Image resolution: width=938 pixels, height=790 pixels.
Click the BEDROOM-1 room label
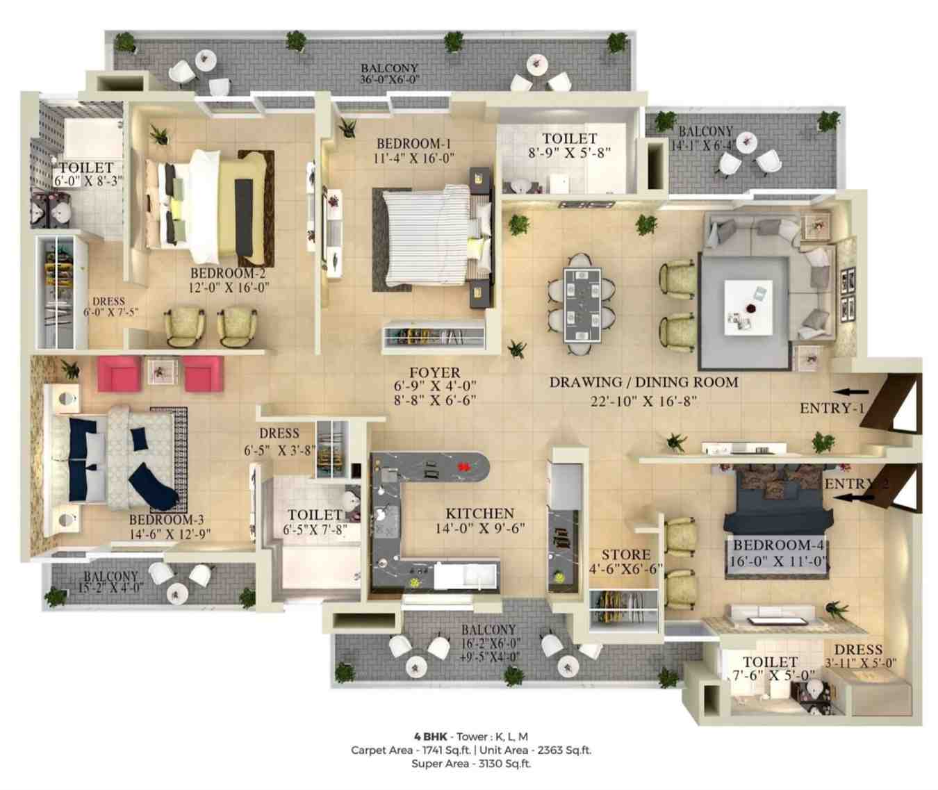coord(413,144)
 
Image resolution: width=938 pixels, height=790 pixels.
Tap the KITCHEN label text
coord(480,513)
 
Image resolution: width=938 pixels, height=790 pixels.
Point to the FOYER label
coord(435,372)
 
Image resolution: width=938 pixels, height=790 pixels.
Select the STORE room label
coord(626,554)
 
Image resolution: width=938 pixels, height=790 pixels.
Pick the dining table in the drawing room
coord(582,306)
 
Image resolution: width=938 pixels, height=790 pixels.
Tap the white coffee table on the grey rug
coord(748,307)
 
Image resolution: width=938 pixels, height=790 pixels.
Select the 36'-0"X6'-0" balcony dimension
coord(390,80)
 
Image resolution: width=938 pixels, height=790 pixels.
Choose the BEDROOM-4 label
coord(778,545)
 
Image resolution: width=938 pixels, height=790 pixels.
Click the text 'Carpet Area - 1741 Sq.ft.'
coord(411,750)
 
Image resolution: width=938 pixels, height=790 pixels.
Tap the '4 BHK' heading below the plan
coord(430,736)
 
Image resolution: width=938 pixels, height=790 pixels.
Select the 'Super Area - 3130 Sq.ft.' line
coord(471,764)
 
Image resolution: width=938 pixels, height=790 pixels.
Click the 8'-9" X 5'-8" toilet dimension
coord(569,154)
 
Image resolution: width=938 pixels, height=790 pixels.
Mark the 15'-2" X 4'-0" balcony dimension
coord(108,587)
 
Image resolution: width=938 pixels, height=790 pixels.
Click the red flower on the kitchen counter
coord(462,466)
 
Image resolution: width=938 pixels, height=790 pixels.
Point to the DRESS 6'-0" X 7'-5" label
coord(110,306)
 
